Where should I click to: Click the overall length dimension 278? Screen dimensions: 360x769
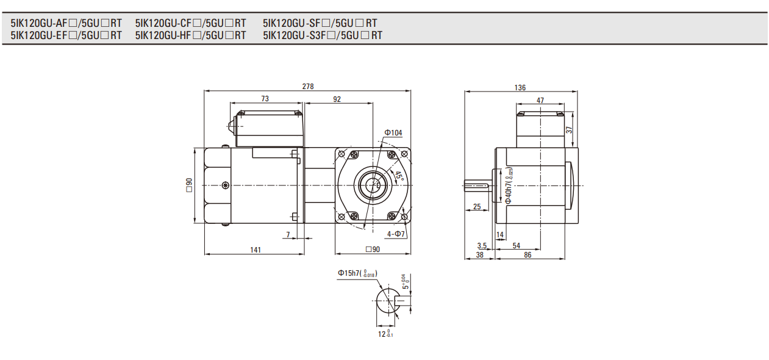pos(308,87)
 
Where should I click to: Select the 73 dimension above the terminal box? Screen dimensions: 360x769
pos(265,99)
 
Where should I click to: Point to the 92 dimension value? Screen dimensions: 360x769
pos(337,99)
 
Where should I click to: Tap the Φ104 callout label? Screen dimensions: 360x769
pos(393,132)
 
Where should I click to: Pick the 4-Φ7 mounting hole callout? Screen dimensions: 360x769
pos(396,234)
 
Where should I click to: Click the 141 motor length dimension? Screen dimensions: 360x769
pos(256,249)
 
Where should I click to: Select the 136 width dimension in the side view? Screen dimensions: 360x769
pos(520,88)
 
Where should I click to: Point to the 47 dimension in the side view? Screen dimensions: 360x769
pos(540,100)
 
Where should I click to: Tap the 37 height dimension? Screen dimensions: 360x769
pos(569,130)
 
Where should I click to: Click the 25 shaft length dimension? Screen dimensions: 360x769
pos(477,207)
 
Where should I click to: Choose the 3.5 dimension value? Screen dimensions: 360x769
pos(482,245)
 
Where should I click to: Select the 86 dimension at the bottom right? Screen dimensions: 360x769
pos(528,254)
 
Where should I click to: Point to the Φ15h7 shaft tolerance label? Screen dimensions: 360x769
pos(357,273)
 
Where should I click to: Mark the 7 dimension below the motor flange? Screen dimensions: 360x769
pos(288,234)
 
